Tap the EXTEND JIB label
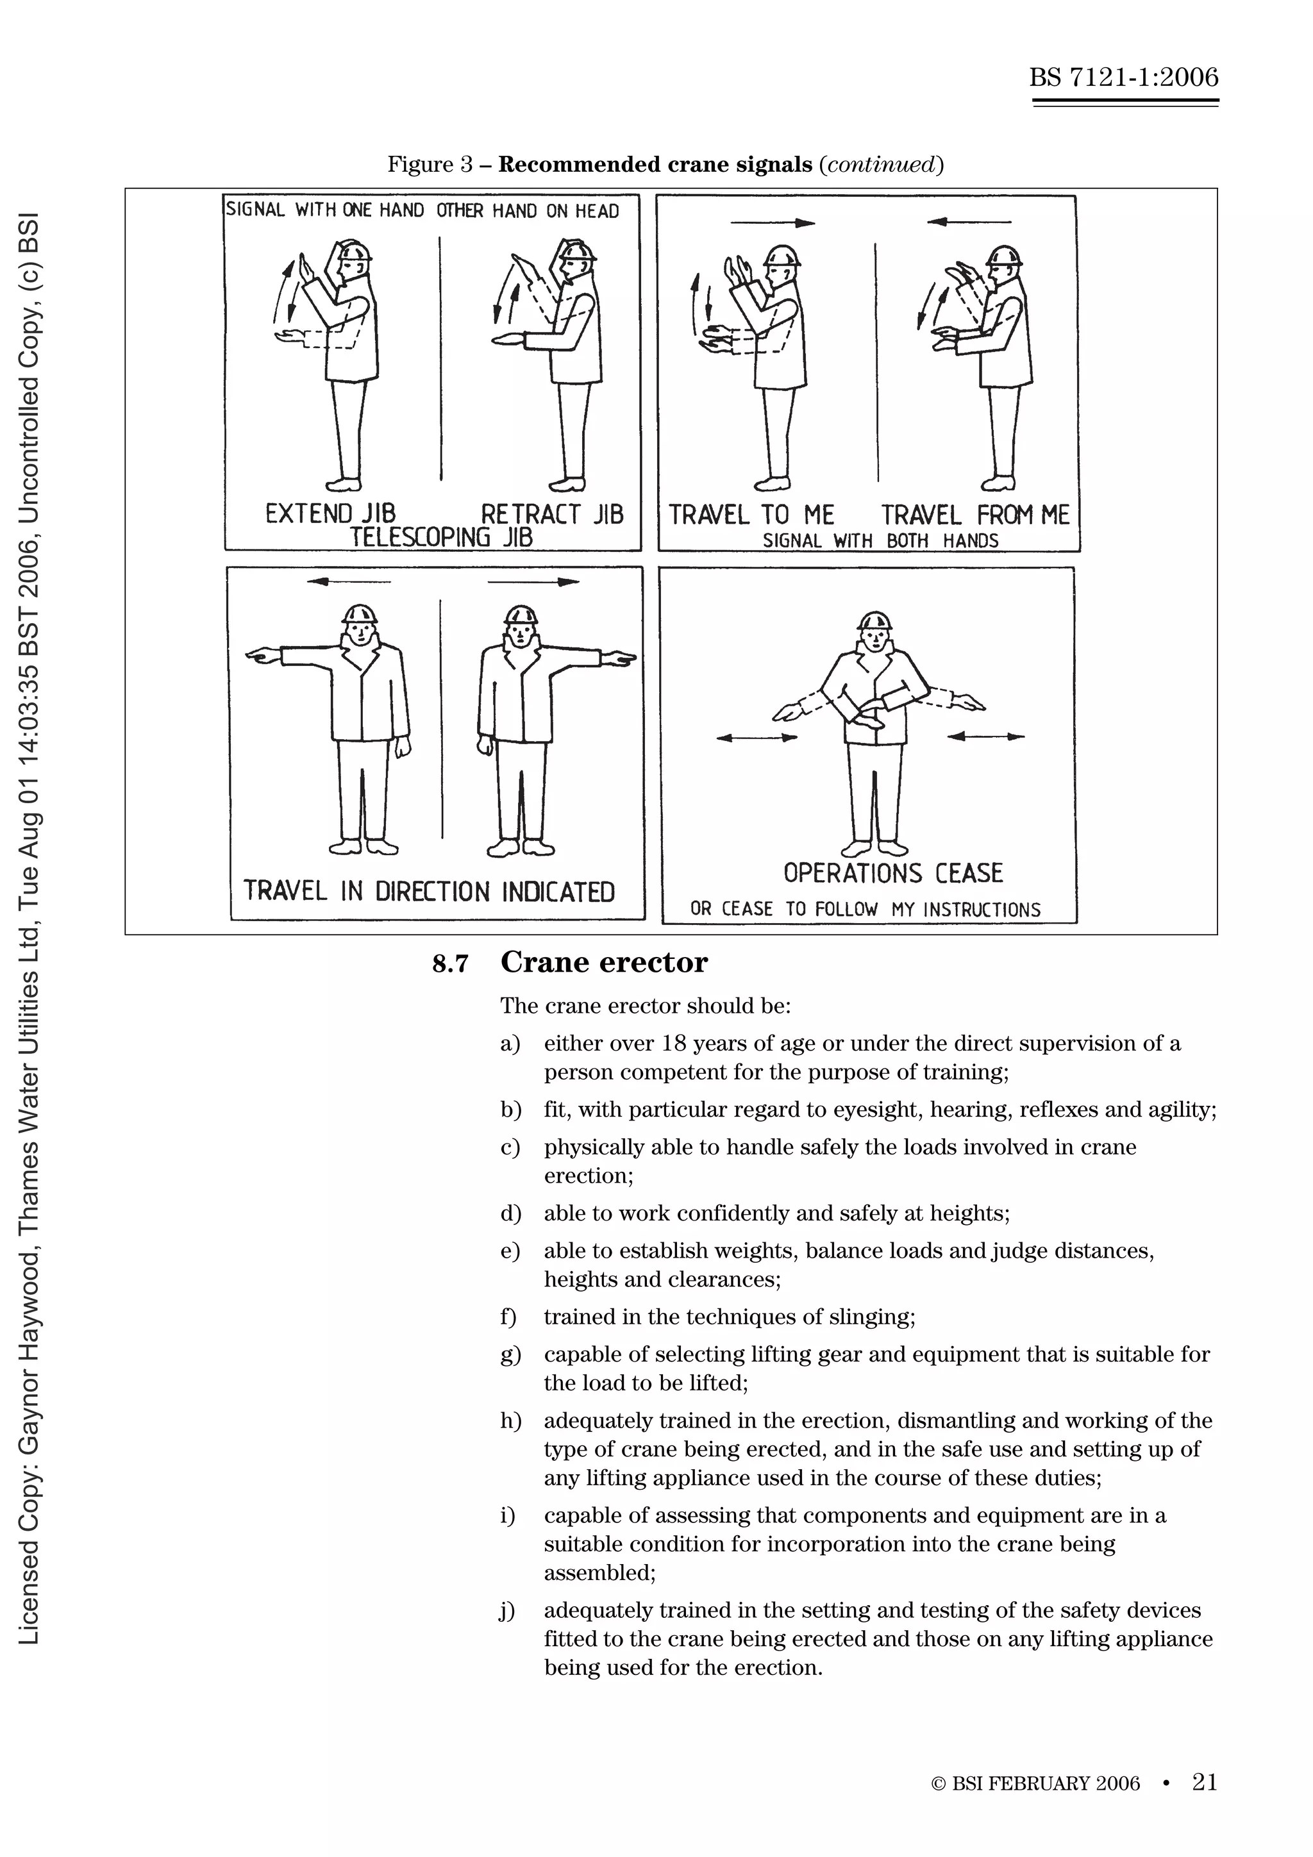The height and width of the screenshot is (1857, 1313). pyautogui.click(x=330, y=513)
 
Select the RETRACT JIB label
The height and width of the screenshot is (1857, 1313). pyautogui.click(x=552, y=514)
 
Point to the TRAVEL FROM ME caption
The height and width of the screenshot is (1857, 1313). pyautogui.click(x=975, y=515)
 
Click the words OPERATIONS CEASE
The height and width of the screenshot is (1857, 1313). pyautogui.click(x=892, y=872)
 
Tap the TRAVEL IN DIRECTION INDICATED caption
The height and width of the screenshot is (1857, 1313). pyautogui.click(x=429, y=891)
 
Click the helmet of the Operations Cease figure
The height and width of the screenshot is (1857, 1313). pyautogui.click(x=874, y=622)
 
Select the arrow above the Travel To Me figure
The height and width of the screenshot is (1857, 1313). pyautogui.click(x=772, y=222)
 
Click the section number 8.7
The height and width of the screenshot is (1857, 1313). pyautogui.click(x=450, y=963)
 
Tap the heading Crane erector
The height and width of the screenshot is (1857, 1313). pyautogui.click(x=603, y=962)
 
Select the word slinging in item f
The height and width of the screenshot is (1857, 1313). pyautogui.click(x=871, y=1317)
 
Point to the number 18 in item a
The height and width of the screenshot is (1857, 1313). pyautogui.click(x=673, y=1044)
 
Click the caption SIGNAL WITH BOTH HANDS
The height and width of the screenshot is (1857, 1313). pyautogui.click(x=880, y=540)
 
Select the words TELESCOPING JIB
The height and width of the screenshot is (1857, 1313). pyautogui.click(x=441, y=537)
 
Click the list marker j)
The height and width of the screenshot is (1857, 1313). pyautogui.click(x=507, y=1610)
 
